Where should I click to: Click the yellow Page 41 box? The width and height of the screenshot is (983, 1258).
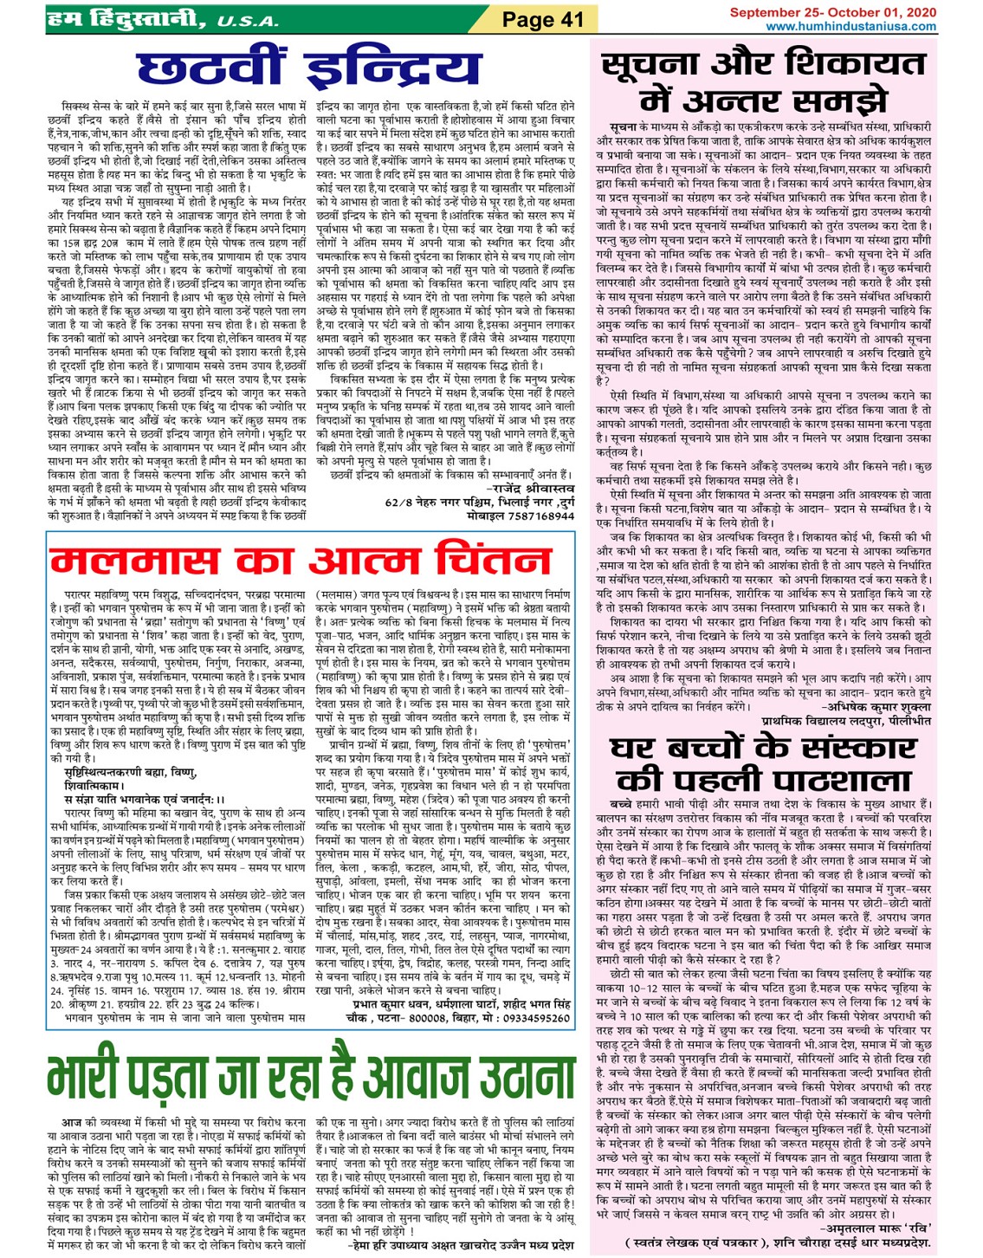[x=543, y=19]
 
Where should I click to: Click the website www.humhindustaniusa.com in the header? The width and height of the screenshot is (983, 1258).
[x=850, y=27]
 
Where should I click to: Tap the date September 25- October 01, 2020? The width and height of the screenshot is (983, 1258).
[x=832, y=13]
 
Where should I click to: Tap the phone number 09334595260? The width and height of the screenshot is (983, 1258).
[x=532, y=1019]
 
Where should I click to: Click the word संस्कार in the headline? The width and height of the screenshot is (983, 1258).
[x=842, y=747]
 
